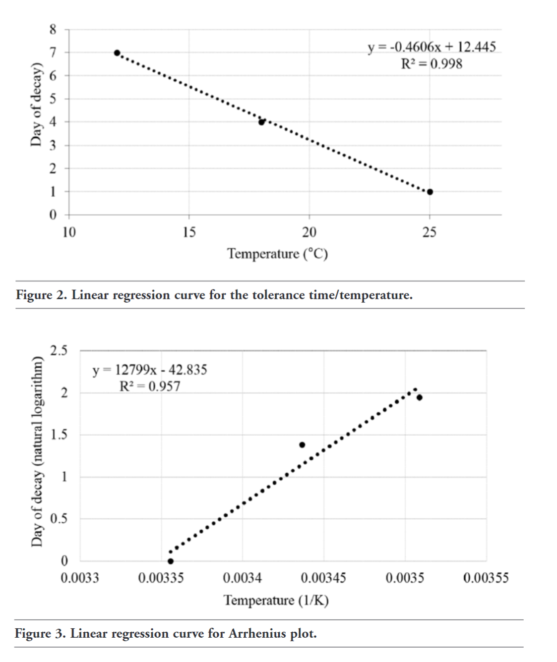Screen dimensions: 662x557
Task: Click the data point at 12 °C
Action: click(117, 53)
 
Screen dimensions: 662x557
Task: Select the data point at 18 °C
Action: click(261, 122)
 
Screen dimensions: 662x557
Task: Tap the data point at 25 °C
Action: click(430, 192)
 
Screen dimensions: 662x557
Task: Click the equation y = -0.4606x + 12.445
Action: click(432, 47)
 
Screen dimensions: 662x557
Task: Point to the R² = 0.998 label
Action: click(432, 64)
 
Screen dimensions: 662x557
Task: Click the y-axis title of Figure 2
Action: click(35, 105)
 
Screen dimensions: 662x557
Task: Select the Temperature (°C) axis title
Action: click(277, 254)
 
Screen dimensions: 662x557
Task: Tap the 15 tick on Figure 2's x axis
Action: click(188, 232)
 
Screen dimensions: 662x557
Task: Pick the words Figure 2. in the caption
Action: click(41, 295)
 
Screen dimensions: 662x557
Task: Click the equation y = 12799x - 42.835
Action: click(150, 370)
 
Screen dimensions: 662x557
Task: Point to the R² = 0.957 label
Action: click(150, 386)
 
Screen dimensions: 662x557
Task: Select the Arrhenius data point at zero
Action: click(171, 561)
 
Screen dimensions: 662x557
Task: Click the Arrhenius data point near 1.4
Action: click(302, 444)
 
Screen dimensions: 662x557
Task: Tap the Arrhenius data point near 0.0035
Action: click(419, 397)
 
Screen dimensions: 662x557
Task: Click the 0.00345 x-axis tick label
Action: click(323, 578)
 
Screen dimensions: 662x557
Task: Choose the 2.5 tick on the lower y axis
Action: click(59, 351)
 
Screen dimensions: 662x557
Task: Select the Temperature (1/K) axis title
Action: click(276, 601)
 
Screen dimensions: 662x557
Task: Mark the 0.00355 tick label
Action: click(486, 578)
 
